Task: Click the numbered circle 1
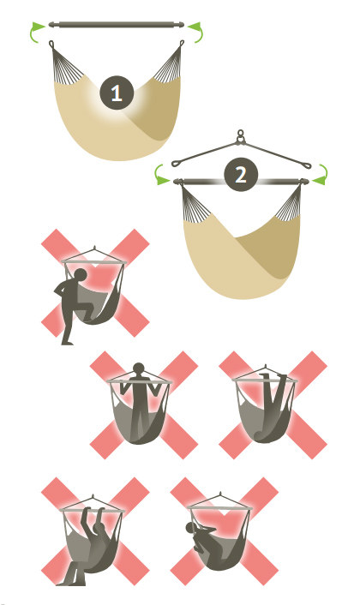pyautogui.click(x=117, y=93)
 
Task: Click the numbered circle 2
pyautogui.click(x=240, y=175)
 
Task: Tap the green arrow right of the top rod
pyautogui.click(x=196, y=31)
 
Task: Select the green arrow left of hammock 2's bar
pyautogui.click(x=160, y=176)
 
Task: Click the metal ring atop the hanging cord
pyautogui.click(x=241, y=135)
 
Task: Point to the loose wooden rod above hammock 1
pyautogui.click(x=117, y=25)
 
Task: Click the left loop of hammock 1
pyautogui.click(x=51, y=44)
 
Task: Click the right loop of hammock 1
pyautogui.click(x=182, y=44)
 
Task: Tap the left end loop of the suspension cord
pyautogui.click(x=177, y=163)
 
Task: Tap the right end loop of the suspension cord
pyautogui.click(x=305, y=166)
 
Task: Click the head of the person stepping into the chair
pyautogui.click(x=81, y=275)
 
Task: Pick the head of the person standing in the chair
pyautogui.click(x=138, y=368)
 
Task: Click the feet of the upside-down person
pyautogui.click(x=273, y=375)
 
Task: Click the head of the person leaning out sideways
pyautogui.click(x=190, y=528)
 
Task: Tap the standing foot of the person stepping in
pyautogui.click(x=68, y=342)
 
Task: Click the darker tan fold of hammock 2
pyautogui.click(x=270, y=247)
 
